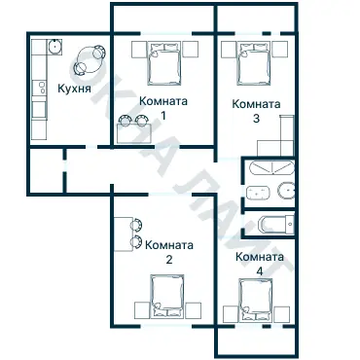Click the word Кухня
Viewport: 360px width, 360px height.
point(74,89)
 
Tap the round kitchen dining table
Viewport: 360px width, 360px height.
point(89,59)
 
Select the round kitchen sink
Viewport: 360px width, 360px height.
point(54,47)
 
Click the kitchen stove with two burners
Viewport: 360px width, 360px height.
point(40,88)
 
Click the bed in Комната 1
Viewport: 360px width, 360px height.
point(163,63)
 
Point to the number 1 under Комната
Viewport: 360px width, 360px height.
point(163,116)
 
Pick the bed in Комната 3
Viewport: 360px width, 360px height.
point(254,63)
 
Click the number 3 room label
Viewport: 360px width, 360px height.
point(256,119)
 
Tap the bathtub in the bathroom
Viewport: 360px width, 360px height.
point(271,167)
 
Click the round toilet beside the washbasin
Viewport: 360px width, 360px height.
point(286,191)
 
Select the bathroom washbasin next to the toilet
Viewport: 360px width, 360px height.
point(258,193)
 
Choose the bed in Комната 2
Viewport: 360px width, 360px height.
point(167,296)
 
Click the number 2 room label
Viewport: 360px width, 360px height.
point(169,260)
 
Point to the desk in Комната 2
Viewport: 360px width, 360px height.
point(124,234)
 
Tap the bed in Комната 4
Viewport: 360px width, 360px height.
point(256,300)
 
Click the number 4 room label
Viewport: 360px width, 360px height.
point(260,271)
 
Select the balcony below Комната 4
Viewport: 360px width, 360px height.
point(256,342)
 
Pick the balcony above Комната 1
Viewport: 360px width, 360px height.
point(163,18)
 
